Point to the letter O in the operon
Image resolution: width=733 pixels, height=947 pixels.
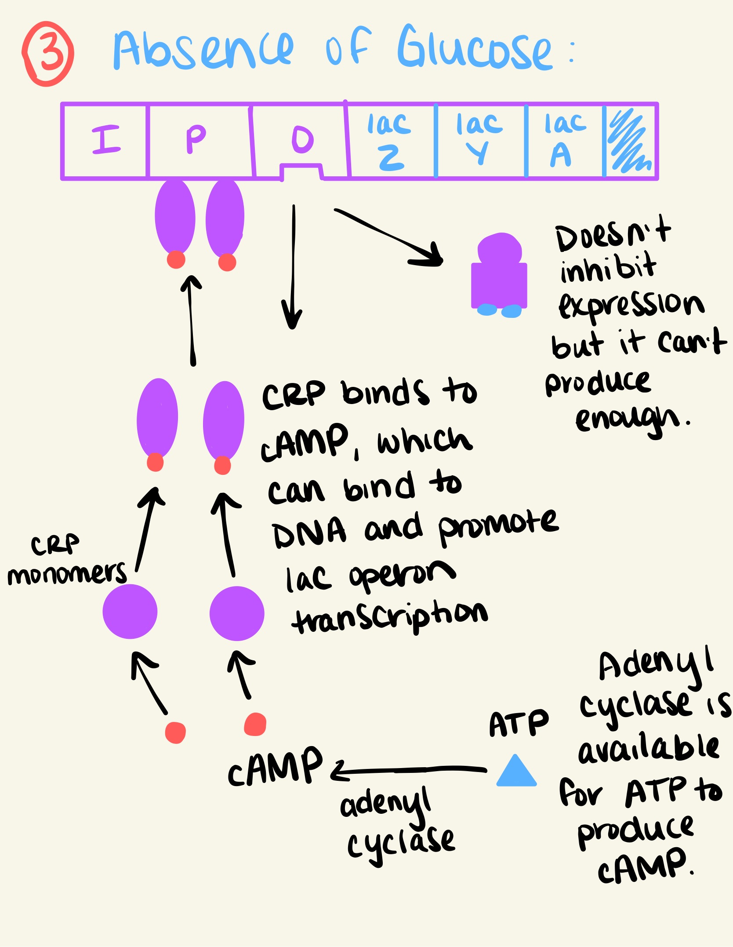click(302, 140)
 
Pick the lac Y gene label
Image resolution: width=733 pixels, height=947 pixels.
click(479, 139)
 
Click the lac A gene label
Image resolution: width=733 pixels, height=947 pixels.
click(564, 140)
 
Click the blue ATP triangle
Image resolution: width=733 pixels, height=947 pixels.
click(516, 772)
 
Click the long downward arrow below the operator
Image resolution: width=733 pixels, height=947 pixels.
click(293, 268)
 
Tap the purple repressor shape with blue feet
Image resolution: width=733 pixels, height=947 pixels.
click(499, 277)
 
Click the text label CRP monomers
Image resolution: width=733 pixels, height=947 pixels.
click(66, 561)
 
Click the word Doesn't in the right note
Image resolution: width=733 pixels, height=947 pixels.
click(613, 235)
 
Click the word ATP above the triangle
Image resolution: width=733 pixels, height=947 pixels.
click(519, 724)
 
